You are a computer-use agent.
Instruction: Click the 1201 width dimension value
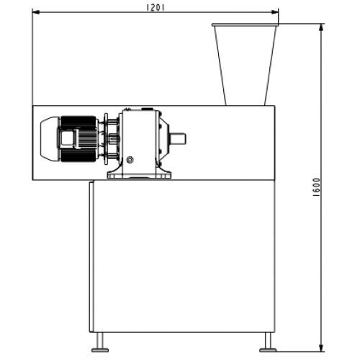[x=156, y=7]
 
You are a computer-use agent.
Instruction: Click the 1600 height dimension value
[x=317, y=187]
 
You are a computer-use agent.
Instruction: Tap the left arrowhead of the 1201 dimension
[x=36, y=12]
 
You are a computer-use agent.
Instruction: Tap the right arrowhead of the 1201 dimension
[x=275, y=12]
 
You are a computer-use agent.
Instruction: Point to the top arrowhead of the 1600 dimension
[x=322, y=27]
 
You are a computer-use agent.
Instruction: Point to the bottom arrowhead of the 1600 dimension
[x=322, y=348]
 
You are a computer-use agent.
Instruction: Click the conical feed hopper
[x=245, y=66]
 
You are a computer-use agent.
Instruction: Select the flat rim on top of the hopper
[x=245, y=24]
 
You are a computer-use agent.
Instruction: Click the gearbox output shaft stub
[x=178, y=139]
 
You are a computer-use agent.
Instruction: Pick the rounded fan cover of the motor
[x=50, y=139]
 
